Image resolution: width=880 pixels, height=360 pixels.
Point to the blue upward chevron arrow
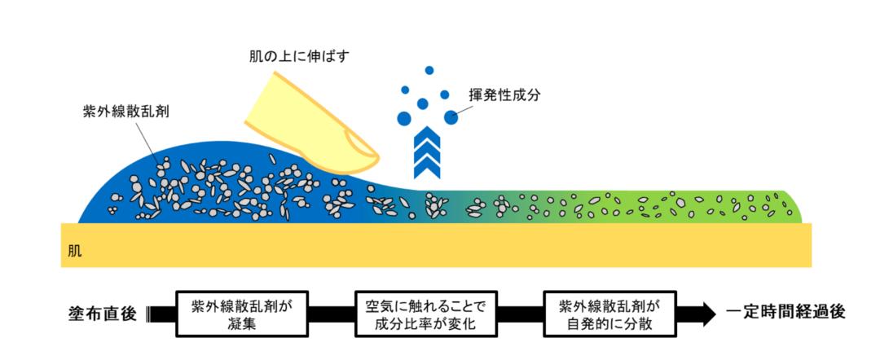426,151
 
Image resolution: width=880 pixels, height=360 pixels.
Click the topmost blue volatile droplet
429,70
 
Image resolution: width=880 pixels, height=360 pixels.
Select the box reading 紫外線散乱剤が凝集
243,314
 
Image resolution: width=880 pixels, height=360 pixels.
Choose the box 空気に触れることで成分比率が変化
426,314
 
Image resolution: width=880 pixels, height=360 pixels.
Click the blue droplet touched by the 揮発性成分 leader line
451,117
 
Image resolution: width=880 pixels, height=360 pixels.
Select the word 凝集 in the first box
243,323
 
